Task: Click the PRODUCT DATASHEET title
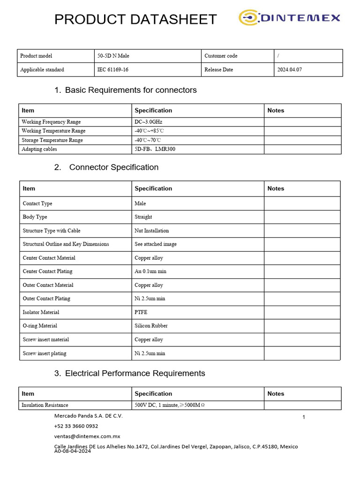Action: pos(135,19)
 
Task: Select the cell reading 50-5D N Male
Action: pos(113,56)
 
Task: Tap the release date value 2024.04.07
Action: pos(289,70)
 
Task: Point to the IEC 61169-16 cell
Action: pos(112,70)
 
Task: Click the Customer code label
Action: pos(221,56)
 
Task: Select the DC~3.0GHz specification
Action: pos(148,122)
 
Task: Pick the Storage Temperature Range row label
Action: pos(52,140)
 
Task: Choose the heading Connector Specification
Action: pos(114,167)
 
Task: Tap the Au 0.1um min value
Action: pos(150,271)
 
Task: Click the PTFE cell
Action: pos(141,312)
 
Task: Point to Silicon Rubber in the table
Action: pos(151,326)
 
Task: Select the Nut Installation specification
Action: pos(151,231)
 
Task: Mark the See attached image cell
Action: pos(156,244)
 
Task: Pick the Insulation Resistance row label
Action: pos(45,405)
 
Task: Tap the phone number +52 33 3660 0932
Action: pos(76,426)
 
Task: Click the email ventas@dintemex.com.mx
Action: pos(87,436)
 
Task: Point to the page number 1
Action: pos(304,417)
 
